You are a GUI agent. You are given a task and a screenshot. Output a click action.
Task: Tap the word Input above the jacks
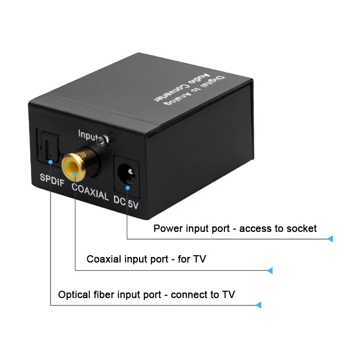[x=88, y=134]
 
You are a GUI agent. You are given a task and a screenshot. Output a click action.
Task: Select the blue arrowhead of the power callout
[x=330, y=238]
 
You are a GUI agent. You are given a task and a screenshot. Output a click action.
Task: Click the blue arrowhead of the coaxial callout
[x=270, y=270]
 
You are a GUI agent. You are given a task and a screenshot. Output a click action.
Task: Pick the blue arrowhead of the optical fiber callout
[x=258, y=305]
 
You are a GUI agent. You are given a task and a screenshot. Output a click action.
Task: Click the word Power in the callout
[x=167, y=229]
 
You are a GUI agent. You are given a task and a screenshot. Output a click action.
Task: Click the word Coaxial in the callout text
[x=103, y=259]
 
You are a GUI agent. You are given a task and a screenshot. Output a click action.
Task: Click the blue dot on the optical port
[x=51, y=161]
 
